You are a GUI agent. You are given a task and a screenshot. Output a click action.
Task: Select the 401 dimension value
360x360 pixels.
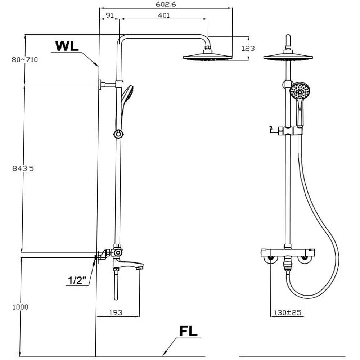163,15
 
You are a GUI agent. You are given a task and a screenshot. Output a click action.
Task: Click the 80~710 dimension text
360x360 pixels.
24,59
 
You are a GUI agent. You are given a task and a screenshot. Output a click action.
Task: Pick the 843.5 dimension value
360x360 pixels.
22,168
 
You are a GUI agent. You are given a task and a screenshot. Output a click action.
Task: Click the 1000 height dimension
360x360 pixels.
20,307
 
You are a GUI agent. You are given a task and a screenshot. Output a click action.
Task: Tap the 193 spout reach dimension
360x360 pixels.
115,312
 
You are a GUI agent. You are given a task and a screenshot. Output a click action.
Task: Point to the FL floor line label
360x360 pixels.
188,331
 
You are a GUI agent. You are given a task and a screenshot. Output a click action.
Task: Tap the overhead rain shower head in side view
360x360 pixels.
207,57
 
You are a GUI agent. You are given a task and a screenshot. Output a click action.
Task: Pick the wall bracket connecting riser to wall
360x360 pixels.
108,85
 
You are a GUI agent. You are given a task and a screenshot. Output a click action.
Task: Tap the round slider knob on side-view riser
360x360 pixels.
118,134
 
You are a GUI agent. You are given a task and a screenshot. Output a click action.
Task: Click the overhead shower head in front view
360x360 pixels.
288,56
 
